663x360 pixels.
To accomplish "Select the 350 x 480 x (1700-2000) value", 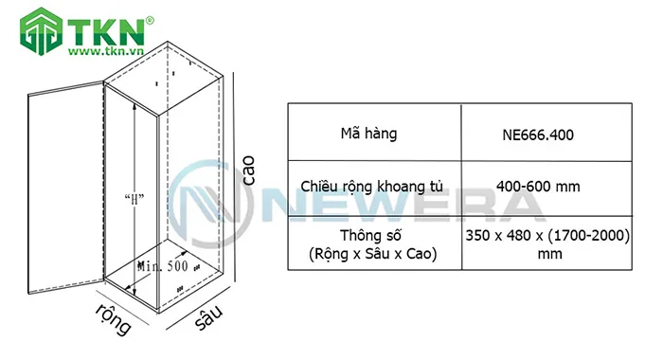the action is (548, 235).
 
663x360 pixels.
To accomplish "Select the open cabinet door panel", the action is (64, 189).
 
